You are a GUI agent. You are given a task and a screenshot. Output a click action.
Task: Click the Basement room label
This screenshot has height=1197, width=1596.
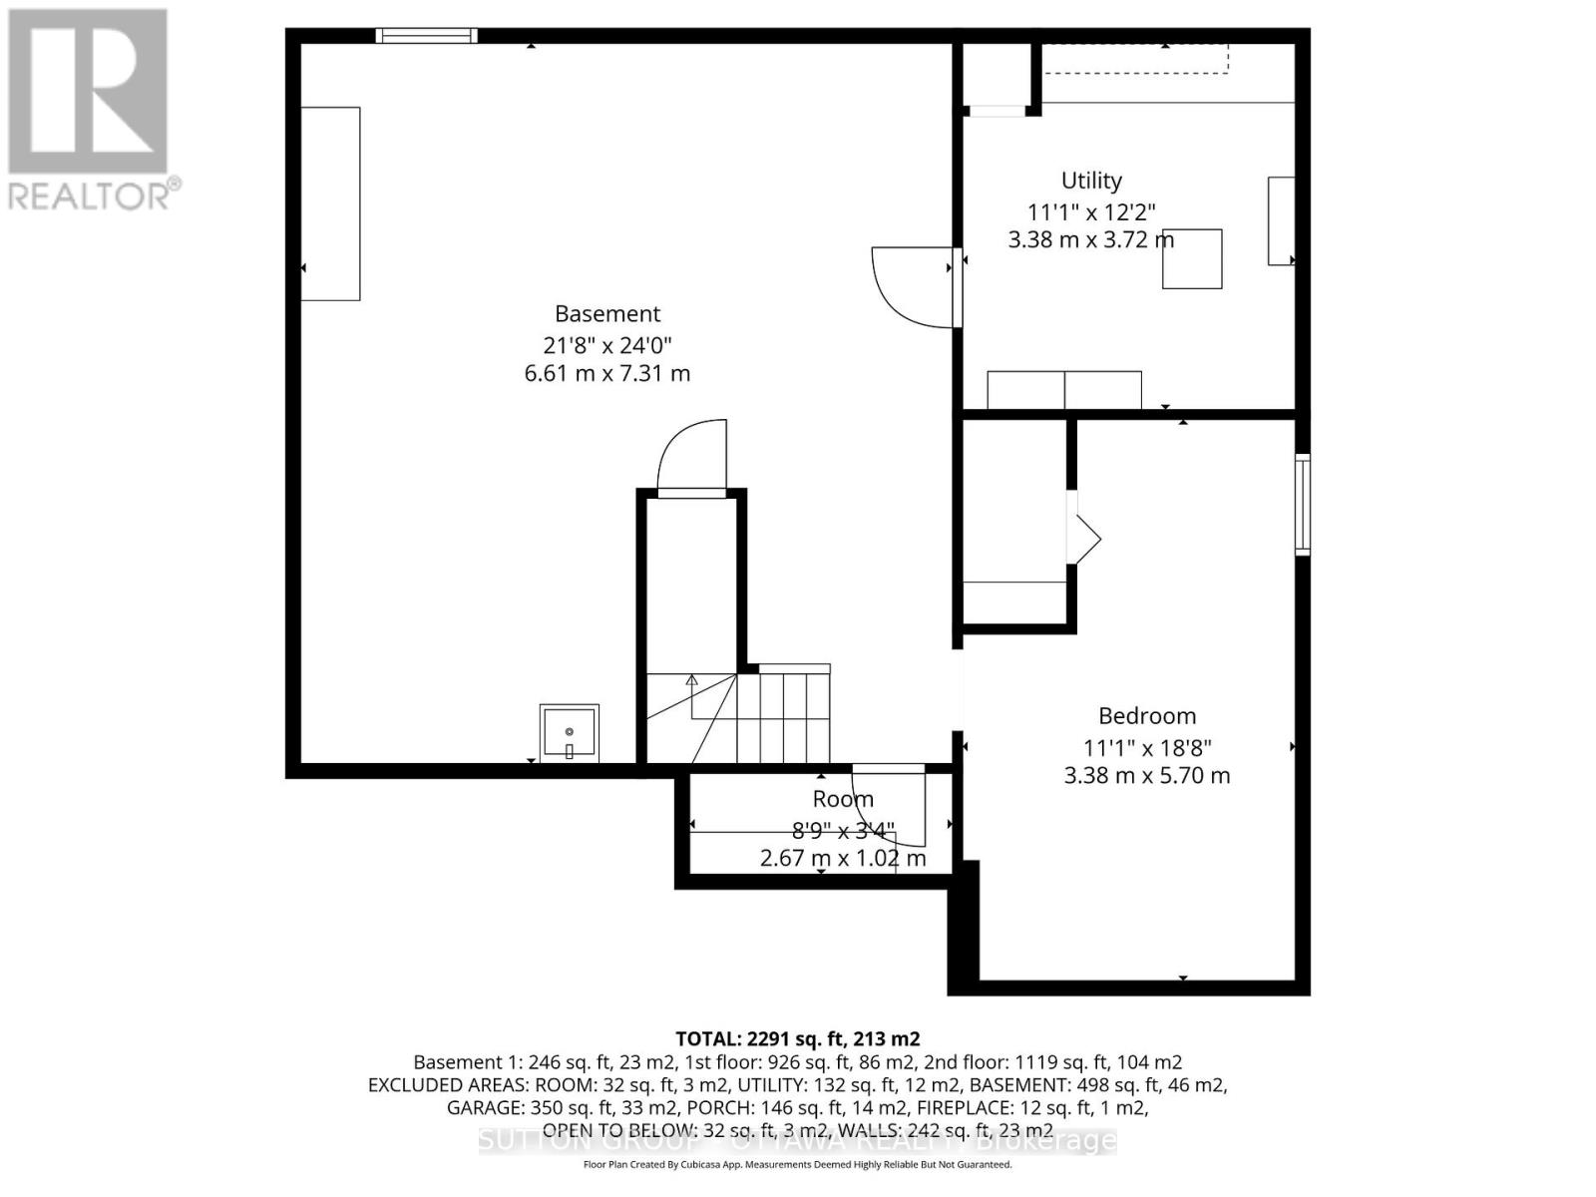pos(607,314)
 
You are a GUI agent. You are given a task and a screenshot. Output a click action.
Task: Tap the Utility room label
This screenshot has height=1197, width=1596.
pos(1091,181)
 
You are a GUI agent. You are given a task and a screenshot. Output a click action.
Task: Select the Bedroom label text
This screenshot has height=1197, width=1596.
pos(1147,716)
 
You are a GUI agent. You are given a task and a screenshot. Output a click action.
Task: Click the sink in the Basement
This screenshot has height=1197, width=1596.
pos(569,733)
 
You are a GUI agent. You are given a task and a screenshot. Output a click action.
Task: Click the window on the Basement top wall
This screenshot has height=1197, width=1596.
pos(426,36)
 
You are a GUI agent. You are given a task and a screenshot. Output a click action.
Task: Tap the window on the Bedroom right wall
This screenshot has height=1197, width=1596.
pos(1303,504)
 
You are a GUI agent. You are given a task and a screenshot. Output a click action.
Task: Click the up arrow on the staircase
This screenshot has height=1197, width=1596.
pos(691,682)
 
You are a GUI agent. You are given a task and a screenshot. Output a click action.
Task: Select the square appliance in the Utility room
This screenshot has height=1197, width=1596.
pos(1192,259)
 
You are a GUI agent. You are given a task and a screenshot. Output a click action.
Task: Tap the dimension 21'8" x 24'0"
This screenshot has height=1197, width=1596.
pos(607,345)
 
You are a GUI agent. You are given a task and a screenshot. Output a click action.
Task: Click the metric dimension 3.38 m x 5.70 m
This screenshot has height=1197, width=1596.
pos(1147,776)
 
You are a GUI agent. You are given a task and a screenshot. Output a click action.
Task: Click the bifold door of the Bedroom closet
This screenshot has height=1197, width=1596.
pos(1085,539)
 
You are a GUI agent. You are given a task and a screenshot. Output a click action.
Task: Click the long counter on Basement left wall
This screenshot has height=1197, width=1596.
pos(330,203)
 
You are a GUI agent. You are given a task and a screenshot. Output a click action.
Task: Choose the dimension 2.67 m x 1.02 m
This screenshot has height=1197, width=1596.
pos(843,858)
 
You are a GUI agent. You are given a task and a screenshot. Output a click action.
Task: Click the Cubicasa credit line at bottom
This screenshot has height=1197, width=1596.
pos(797,1164)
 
